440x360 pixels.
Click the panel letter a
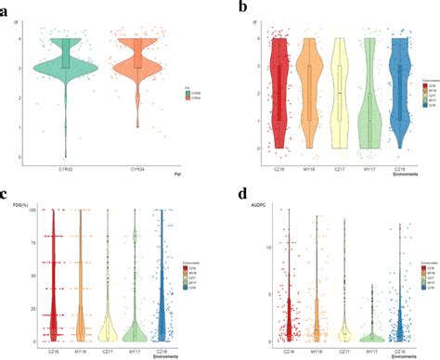tap(7, 9)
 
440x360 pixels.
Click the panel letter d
tap(243, 195)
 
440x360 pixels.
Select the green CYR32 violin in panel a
tap(65, 70)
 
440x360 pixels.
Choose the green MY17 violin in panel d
tap(372, 329)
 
